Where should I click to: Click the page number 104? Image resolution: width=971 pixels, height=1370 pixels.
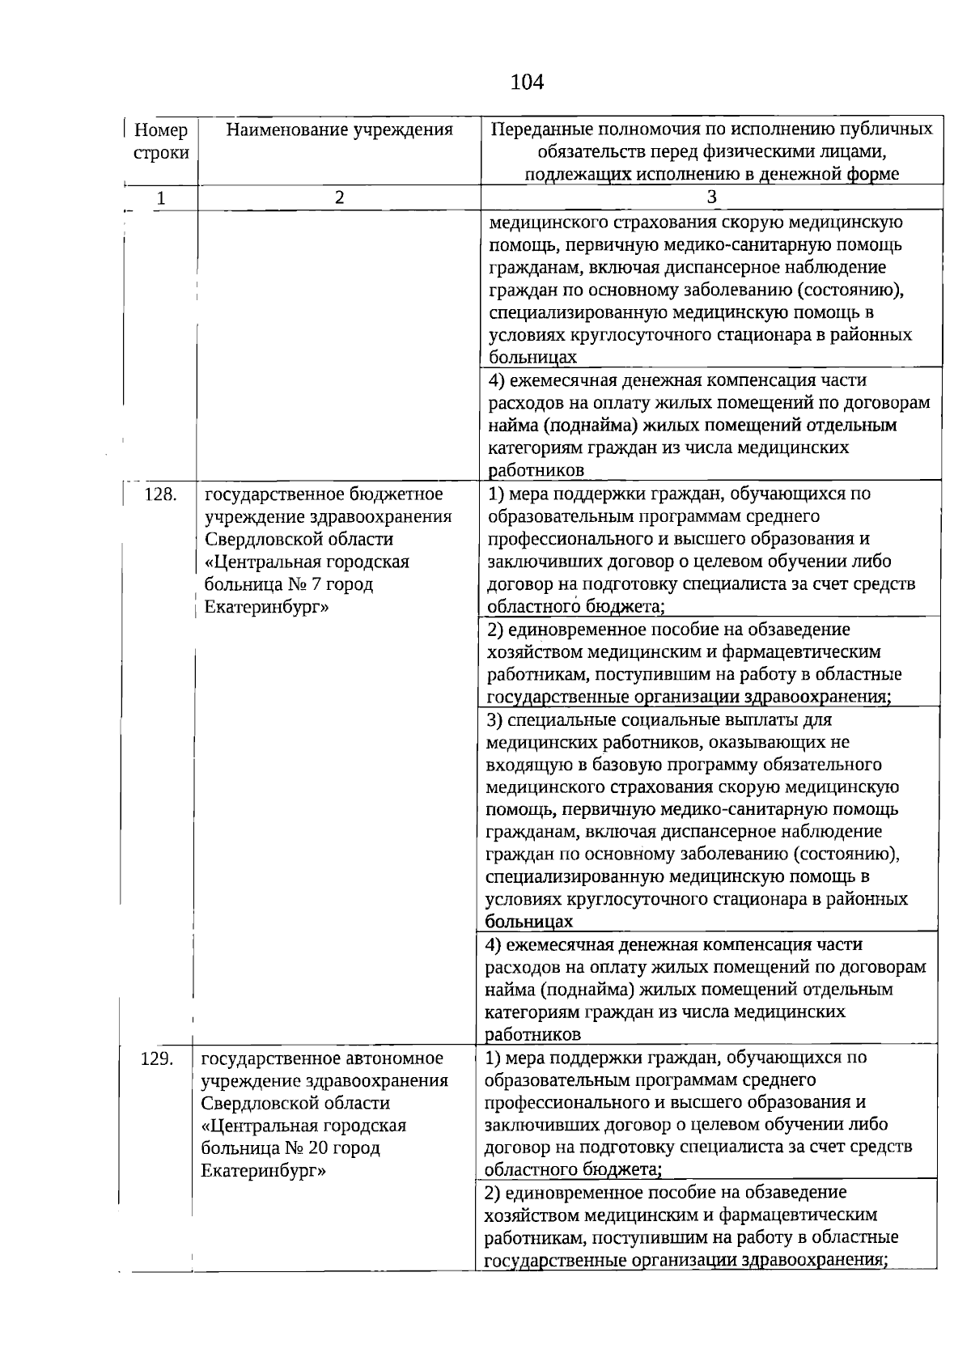pyautogui.click(x=527, y=82)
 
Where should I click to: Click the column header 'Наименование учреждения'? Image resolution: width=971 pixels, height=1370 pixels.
pyautogui.click(x=339, y=129)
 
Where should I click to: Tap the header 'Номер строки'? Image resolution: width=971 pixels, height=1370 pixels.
pyautogui.click(x=161, y=141)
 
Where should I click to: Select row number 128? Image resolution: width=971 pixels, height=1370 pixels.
pyautogui.click(x=160, y=494)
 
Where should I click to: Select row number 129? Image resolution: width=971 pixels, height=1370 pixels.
pyautogui.click(x=157, y=1058)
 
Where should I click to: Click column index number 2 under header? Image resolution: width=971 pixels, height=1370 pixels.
pyautogui.click(x=339, y=197)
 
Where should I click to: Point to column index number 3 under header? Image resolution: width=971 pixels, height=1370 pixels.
pyautogui.click(x=711, y=197)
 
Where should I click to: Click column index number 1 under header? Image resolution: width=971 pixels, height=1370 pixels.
pyautogui.click(x=161, y=198)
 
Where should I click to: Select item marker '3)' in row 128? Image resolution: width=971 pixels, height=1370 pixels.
pyautogui.click(x=494, y=719)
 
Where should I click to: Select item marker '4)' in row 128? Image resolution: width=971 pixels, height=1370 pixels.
pyautogui.click(x=494, y=944)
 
